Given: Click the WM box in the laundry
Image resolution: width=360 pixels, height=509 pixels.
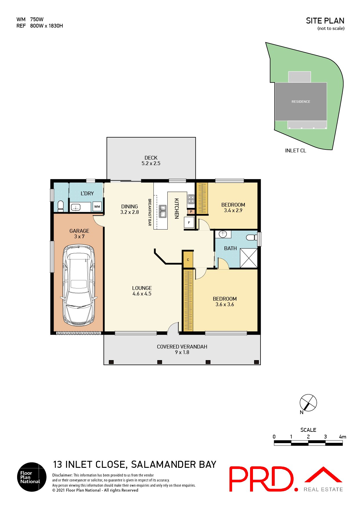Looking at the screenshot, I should (97, 207).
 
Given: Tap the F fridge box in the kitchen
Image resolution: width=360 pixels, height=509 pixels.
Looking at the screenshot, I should (189, 223).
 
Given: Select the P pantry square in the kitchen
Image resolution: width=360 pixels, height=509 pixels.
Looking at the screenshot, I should (191, 212).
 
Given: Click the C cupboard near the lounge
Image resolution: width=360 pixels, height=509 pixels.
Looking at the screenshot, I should (188, 259).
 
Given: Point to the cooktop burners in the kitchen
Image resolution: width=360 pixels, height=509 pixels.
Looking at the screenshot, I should (191, 199).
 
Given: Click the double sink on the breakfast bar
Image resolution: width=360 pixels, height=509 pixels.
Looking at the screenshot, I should (163, 211).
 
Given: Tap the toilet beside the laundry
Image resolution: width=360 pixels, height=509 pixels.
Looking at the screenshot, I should (61, 205).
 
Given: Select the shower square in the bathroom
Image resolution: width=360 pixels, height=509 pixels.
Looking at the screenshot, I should (249, 258).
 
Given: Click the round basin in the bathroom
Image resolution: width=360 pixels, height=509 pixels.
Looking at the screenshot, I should (223, 234).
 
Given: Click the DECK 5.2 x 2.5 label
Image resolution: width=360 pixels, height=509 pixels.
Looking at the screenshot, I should (151, 160).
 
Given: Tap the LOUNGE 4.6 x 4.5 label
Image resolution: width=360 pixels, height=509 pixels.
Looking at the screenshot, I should (142, 291).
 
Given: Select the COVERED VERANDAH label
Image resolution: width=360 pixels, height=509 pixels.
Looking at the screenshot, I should (182, 347).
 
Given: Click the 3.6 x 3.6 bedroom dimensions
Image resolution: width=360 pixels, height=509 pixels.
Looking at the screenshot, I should (225, 304).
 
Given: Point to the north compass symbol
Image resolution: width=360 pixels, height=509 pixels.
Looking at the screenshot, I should (308, 403).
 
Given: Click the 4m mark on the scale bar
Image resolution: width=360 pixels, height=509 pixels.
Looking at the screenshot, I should (342, 437).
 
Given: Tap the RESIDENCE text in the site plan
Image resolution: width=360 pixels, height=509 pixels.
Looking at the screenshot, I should (301, 102).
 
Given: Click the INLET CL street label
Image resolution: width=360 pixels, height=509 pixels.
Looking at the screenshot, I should (296, 151).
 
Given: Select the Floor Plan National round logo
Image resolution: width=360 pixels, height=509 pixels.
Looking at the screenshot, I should (32, 477).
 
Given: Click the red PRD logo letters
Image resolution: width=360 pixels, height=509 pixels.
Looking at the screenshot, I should (261, 479).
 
